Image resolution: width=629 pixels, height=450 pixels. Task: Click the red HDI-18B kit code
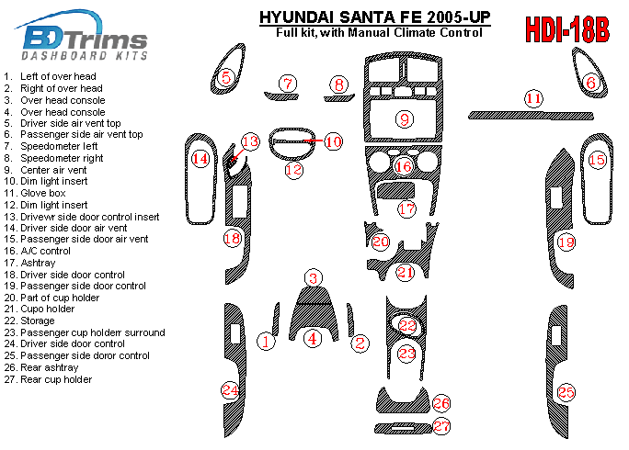click(x=567, y=29)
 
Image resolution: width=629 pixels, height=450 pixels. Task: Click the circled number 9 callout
click(x=405, y=119)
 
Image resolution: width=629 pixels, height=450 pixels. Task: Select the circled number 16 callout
click(x=404, y=166)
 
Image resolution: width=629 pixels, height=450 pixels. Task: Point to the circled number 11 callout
click(x=533, y=98)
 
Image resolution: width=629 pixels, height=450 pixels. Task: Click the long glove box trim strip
click(x=531, y=116)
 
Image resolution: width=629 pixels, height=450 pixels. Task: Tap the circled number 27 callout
click(x=441, y=425)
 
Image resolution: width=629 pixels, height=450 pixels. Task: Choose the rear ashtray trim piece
click(x=403, y=399)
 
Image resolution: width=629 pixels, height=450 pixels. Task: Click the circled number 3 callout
click(x=314, y=278)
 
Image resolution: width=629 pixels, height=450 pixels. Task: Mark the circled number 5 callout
click(x=226, y=77)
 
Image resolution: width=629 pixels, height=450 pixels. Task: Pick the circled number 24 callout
click(x=230, y=390)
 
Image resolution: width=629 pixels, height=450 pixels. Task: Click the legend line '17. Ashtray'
click(x=29, y=263)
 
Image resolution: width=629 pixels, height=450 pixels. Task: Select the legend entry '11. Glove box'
click(x=35, y=193)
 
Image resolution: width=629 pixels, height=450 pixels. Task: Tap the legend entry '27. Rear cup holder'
click(x=48, y=379)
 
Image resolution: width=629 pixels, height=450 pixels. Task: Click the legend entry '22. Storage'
click(x=29, y=321)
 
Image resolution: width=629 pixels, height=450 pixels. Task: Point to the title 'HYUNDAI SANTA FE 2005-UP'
click(x=374, y=17)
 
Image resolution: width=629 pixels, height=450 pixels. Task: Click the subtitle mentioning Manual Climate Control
click(x=379, y=32)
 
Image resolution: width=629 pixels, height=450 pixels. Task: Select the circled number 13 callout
click(x=250, y=141)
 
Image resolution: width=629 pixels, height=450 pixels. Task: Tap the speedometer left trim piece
click(x=281, y=96)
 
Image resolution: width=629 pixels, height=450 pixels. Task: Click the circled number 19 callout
click(x=566, y=242)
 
